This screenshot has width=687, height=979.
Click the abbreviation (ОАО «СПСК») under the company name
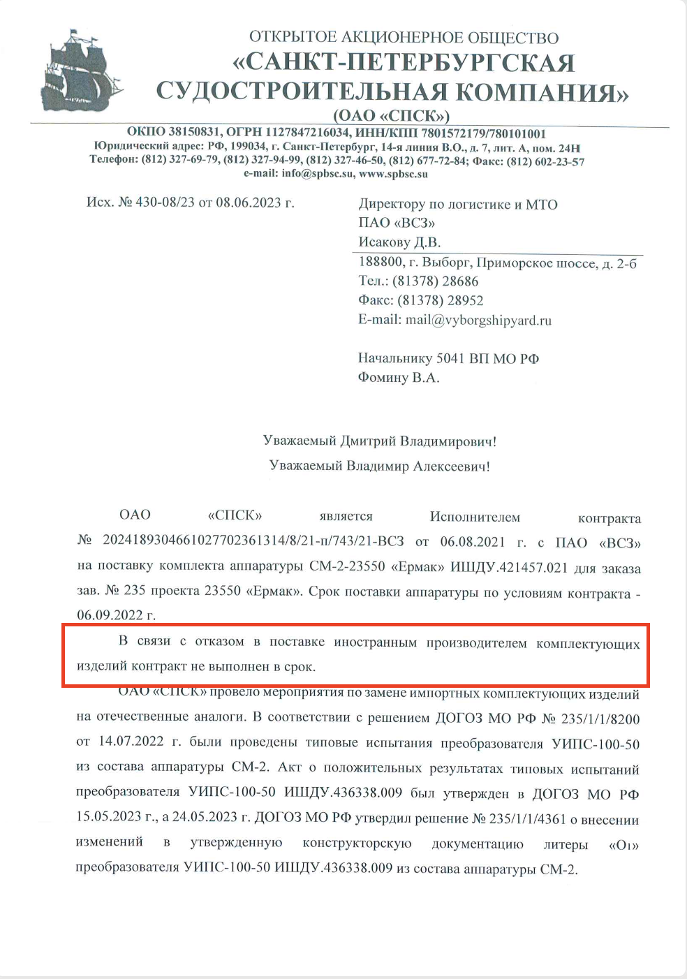(x=391, y=115)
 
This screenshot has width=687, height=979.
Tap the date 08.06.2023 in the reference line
(x=248, y=203)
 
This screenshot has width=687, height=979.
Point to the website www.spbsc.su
(x=393, y=173)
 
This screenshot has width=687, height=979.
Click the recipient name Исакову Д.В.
(x=399, y=242)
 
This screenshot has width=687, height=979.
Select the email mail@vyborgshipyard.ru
(x=478, y=320)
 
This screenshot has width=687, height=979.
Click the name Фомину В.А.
(x=399, y=378)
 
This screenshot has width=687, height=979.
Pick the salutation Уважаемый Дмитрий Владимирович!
(x=380, y=441)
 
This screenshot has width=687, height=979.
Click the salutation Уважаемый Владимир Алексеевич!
(x=380, y=466)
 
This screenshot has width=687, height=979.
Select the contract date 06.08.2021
(x=473, y=541)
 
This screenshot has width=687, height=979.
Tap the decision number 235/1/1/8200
(x=600, y=719)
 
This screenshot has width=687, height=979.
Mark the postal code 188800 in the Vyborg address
(x=381, y=262)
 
